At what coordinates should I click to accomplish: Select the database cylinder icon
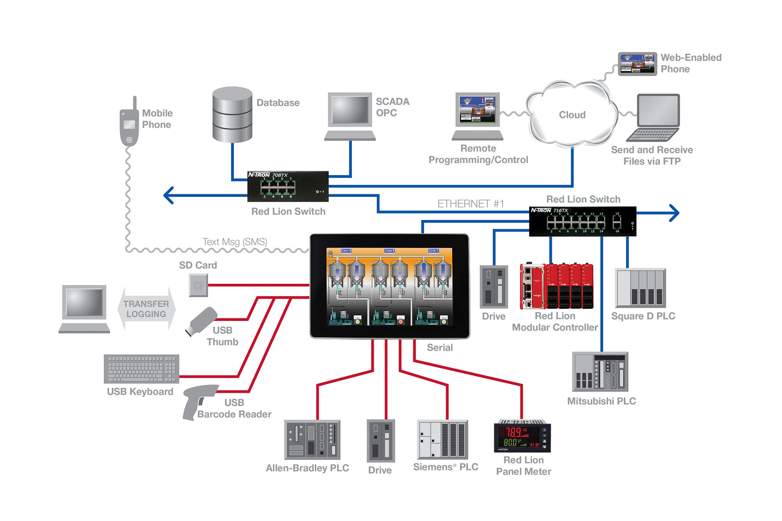click(232, 115)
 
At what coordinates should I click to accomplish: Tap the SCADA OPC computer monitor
click(350, 111)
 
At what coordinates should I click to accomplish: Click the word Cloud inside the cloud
click(572, 115)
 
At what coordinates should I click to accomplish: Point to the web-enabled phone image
click(637, 64)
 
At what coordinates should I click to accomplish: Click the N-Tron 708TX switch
click(288, 186)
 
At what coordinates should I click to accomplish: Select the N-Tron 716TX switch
click(582, 221)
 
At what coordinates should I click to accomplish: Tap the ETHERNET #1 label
click(470, 204)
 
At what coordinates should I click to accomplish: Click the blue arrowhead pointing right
click(674, 213)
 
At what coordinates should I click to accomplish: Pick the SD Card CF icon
click(198, 285)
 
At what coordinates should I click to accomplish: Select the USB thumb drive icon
click(201, 321)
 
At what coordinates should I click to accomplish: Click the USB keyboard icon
click(141, 369)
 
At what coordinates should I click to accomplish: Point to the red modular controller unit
click(556, 286)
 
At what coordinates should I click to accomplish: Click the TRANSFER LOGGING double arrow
click(146, 309)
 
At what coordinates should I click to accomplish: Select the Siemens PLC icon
click(442, 440)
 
